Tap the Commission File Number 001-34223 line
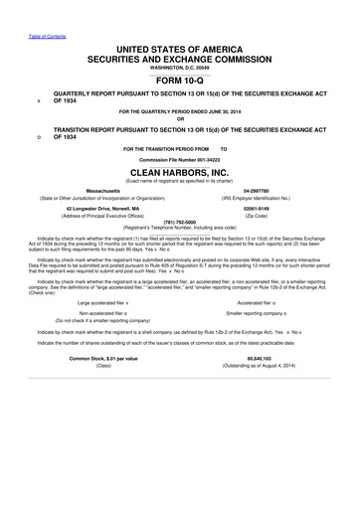(179, 158)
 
